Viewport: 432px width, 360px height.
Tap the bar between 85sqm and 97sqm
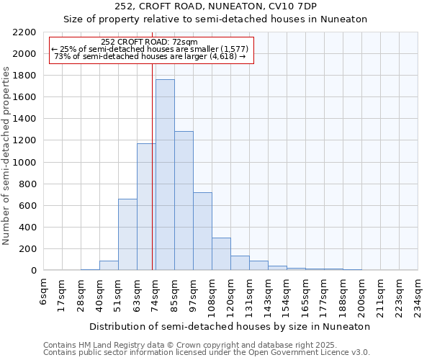point(184,201)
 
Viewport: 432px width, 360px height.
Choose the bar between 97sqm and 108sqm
point(202,231)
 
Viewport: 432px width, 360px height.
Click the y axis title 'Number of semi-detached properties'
point(7,156)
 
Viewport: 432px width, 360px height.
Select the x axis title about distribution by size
point(230,326)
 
